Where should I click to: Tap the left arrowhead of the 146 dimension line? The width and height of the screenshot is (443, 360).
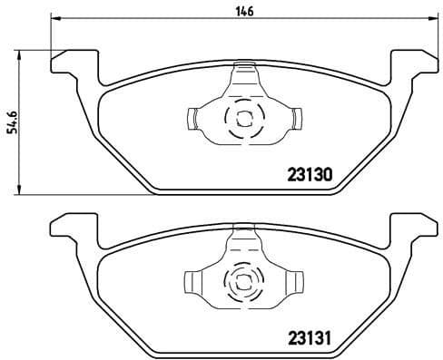(54, 20)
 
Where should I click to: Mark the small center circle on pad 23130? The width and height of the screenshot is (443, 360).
(242, 116)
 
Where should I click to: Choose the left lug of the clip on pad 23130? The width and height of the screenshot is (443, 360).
(193, 116)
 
